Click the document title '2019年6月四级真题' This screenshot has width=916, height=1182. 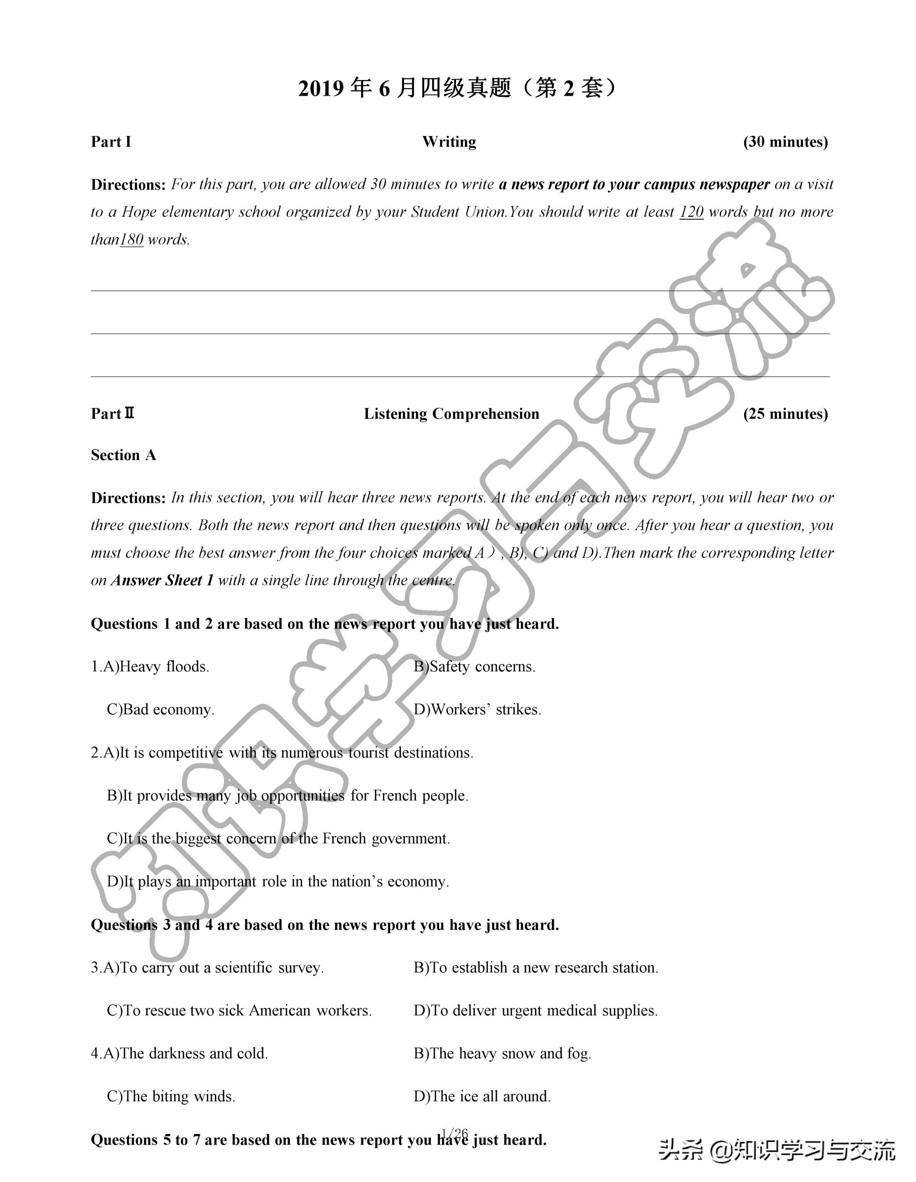pyautogui.click(x=457, y=88)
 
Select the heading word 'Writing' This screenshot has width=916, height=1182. pyautogui.click(x=449, y=142)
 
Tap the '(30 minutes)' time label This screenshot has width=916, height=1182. pyautogui.click(x=785, y=142)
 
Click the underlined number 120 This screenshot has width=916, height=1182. pyautogui.click(x=691, y=212)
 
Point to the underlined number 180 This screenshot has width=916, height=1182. pyautogui.click(x=131, y=239)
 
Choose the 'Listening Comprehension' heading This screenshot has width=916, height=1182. pyautogui.click(x=451, y=414)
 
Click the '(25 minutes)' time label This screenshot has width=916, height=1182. pyautogui.click(x=785, y=414)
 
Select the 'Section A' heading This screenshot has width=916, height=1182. pyautogui.click(x=123, y=455)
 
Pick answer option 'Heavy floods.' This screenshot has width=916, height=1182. pyautogui.click(x=163, y=666)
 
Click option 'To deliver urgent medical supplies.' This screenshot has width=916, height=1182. pyautogui.click(x=543, y=1010)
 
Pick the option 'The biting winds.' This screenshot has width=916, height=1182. pyautogui.click(x=178, y=1096)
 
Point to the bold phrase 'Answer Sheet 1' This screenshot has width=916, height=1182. pyautogui.click(x=162, y=580)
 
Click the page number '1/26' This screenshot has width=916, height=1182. pyautogui.click(x=455, y=1133)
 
